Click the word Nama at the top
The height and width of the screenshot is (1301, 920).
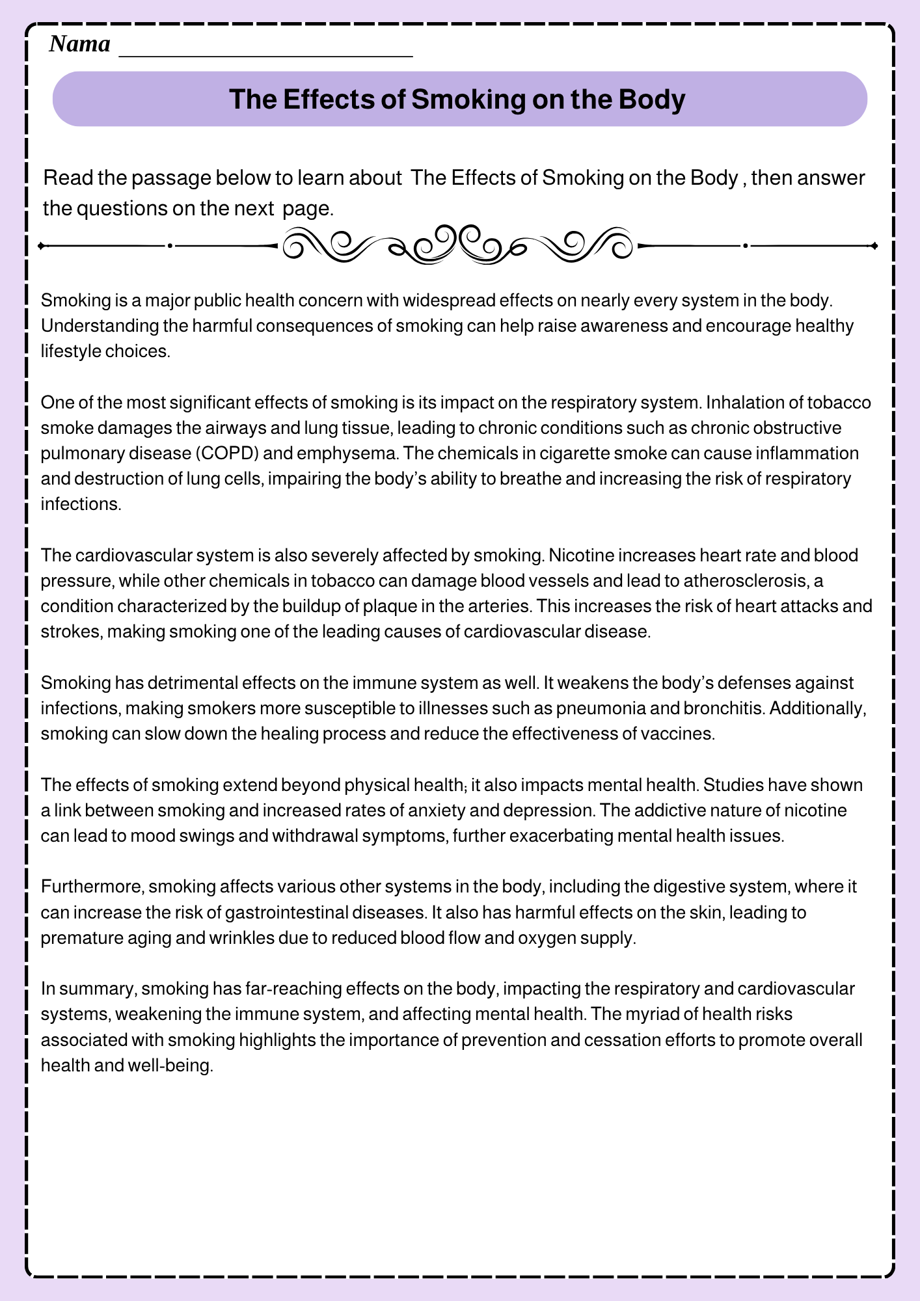click(x=79, y=44)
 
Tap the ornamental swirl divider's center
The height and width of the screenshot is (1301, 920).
click(x=458, y=245)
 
